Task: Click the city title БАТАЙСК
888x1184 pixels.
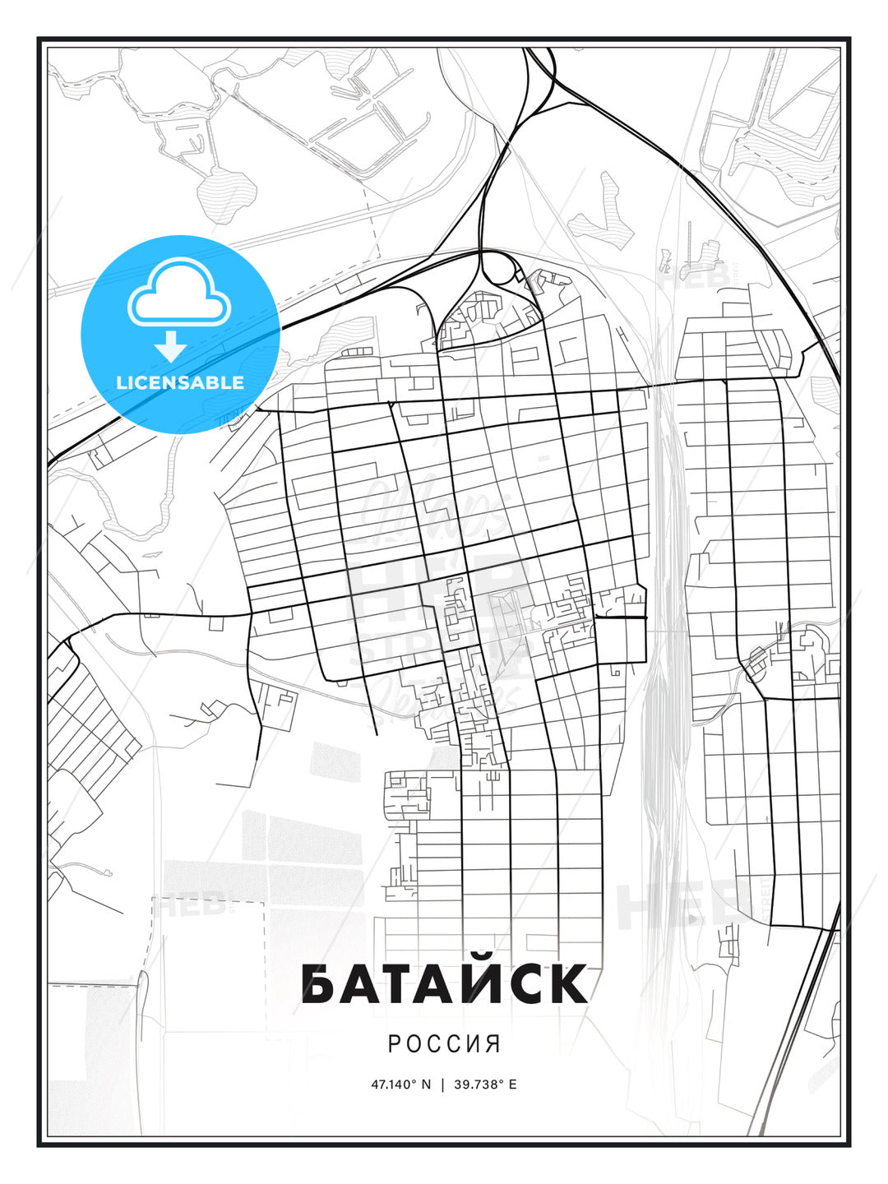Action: coord(444,983)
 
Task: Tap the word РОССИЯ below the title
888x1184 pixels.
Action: coord(444,1043)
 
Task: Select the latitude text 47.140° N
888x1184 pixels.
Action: coord(400,1084)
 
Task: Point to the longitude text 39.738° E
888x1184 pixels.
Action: coord(486,1084)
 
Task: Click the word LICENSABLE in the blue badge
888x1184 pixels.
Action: coord(180,382)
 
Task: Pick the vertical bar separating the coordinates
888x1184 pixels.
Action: coord(443,1084)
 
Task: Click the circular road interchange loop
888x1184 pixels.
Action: coord(498,268)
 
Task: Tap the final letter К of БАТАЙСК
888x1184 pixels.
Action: coord(569,984)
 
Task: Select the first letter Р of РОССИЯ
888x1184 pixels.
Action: coord(394,1043)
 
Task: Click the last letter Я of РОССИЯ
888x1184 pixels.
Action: coord(493,1043)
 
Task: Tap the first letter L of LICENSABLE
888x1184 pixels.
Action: coord(121,382)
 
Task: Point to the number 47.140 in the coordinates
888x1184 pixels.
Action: coord(393,1084)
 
